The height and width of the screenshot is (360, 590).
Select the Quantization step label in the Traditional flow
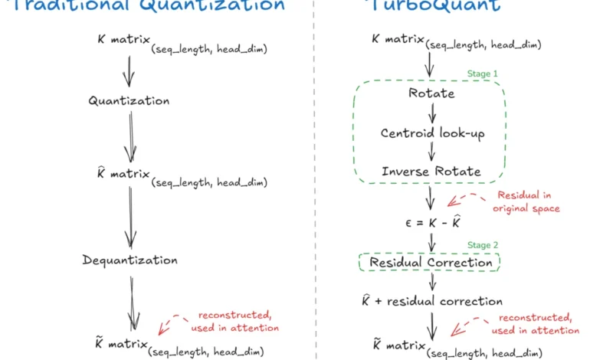click(x=129, y=100)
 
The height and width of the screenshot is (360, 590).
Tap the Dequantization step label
click(x=129, y=260)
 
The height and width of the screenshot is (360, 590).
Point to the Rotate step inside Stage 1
click(x=431, y=93)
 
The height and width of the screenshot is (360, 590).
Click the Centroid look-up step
click(x=432, y=133)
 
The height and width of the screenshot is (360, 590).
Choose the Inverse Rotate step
click(x=431, y=171)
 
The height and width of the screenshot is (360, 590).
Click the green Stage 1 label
click(x=483, y=74)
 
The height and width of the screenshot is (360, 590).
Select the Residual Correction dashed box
click(x=431, y=263)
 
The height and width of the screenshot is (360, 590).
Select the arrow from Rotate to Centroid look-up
click(x=431, y=113)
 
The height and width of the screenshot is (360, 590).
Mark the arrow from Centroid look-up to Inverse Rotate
click(x=431, y=152)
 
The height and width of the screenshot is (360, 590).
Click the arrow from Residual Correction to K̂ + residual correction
click(x=431, y=282)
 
